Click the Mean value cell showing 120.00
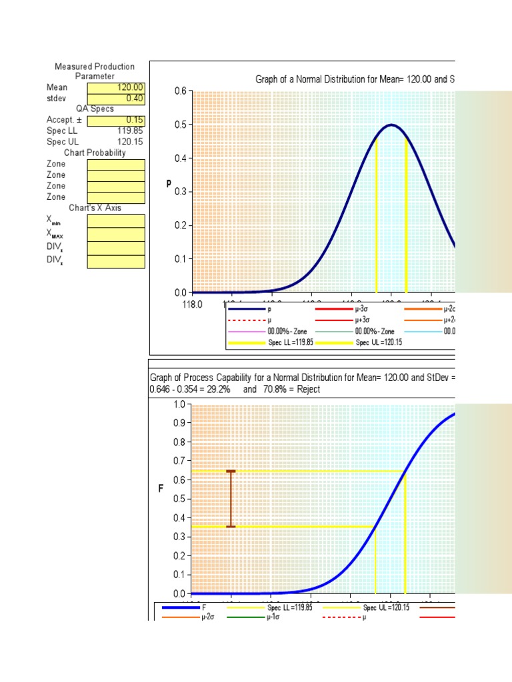[115, 87]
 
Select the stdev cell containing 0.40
[115, 98]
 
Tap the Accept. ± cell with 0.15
[115, 120]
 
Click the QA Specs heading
[95, 109]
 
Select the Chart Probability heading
[95, 153]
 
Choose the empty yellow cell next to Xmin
[115, 221]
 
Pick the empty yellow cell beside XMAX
[115, 234]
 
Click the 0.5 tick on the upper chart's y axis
[179, 125]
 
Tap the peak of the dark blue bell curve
[391, 125]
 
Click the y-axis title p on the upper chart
[169, 183]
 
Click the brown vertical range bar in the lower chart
[231, 499]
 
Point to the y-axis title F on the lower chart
[161, 489]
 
